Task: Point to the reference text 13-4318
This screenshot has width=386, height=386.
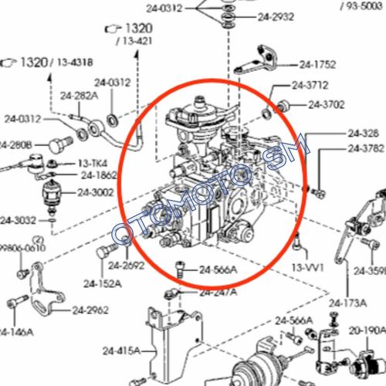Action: pos(74,62)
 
